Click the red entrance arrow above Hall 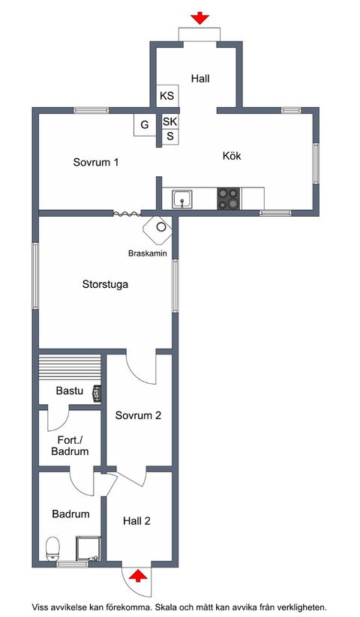(x=199, y=18)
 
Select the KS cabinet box (x=167, y=96)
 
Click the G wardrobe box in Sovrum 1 (x=145, y=124)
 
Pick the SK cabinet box (x=170, y=121)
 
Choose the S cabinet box (x=170, y=136)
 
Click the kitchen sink (x=182, y=199)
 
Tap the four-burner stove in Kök (x=229, y=199)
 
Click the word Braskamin (x=148, y=253)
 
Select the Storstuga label (x=105, y=284)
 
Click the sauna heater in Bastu (x=97, y=394)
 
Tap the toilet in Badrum (x=52, y=549)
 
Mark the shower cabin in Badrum (x=88, y=548)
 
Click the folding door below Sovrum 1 (x=127, y=214)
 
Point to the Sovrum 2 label (x=138, y=415)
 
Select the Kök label (x=232, y=156)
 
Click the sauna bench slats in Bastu (x=70, y=367)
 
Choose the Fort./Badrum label (x=70, y=445)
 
